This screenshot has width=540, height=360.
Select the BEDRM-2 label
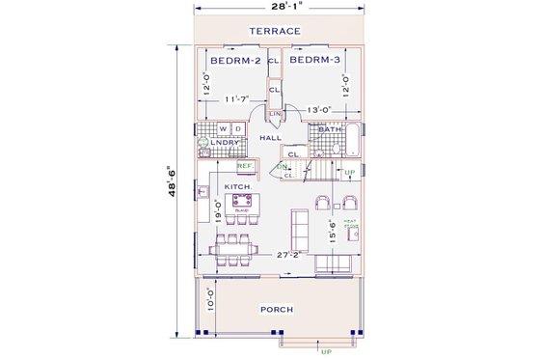(235, 61)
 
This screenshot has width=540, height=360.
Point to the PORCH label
(277, 309)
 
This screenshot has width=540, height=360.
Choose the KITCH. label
(238, 186)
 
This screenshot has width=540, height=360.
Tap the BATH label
(331, 129)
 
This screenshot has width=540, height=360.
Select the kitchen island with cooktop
(242, 204)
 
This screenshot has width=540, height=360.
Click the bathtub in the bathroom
(352, 139)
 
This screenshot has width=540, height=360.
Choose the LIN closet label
(274, 114)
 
